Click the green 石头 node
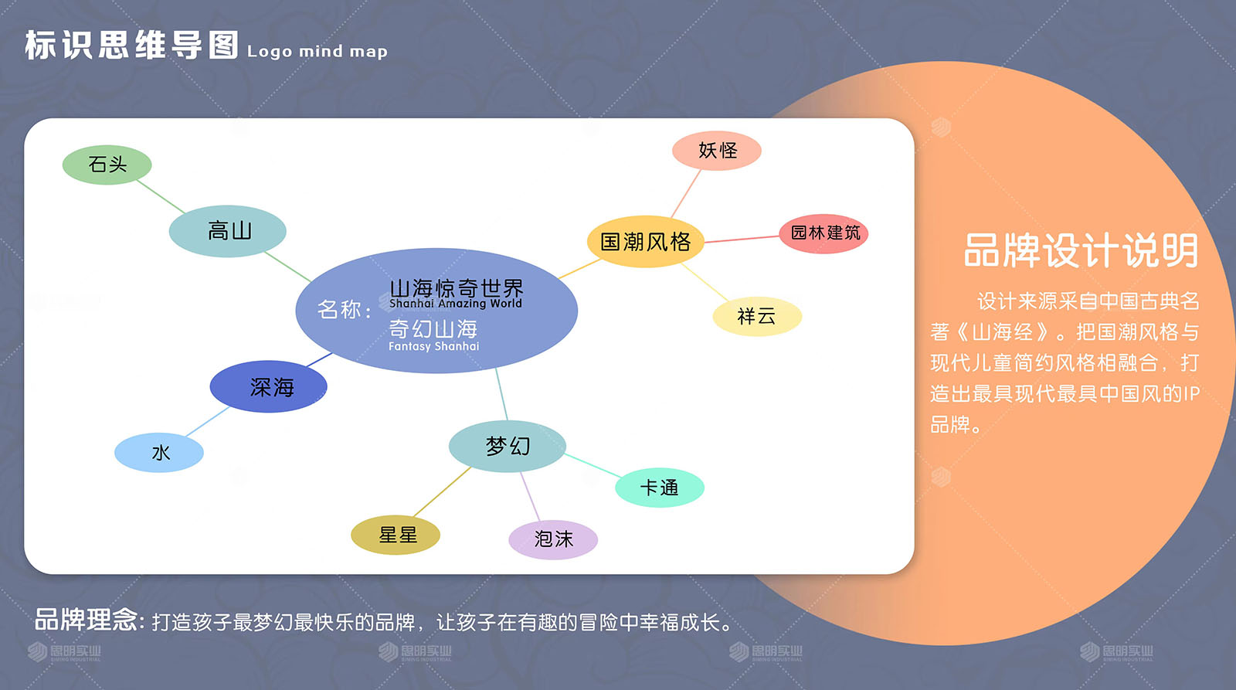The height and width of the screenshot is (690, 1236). [107, 165]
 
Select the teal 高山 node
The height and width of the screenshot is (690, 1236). [228, 231]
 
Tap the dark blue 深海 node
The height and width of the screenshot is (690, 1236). [269, 386]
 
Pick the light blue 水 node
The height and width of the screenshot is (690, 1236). [159, 453]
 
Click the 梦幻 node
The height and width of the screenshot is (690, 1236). [508, 446]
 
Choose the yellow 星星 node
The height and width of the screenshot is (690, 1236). [396, 535]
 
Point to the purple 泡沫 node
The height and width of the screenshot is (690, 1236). [553, 539]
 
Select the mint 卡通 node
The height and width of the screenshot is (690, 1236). [660, 488]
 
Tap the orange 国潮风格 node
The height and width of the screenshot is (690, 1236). [646, 242]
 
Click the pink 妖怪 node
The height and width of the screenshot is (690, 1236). [717, 151]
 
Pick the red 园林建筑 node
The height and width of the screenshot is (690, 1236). [823, 233]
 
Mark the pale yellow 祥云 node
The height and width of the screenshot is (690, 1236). [757, 317]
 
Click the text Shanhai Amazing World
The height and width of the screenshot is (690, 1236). [456, 303]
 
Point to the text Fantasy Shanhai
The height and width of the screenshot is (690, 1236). [433, 346]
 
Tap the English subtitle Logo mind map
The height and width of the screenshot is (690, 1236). [317, 51]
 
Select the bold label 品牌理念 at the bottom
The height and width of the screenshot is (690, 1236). [86, 620]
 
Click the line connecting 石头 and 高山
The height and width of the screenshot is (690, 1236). [161, 196]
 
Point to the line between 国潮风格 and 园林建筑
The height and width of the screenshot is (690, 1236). [742, 239]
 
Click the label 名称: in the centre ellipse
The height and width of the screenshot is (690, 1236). [345, 310]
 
